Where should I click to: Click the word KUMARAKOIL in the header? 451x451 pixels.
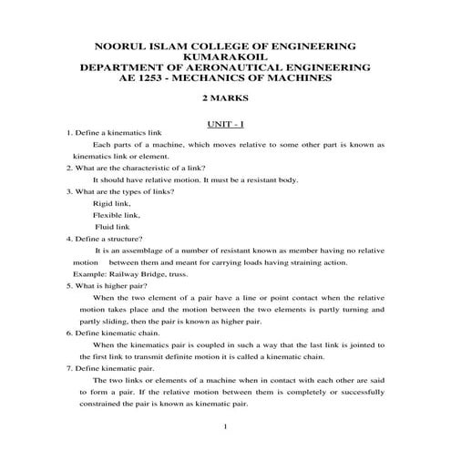pyautogui.click(x=225, y=56)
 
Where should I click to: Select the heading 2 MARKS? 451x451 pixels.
pyautogui.click(x=225, y=101)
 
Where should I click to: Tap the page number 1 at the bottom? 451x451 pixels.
pyautogui.click(x=225, y=426)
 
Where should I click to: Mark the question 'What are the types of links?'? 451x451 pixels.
pyautogui.click(x=115, y=192)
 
